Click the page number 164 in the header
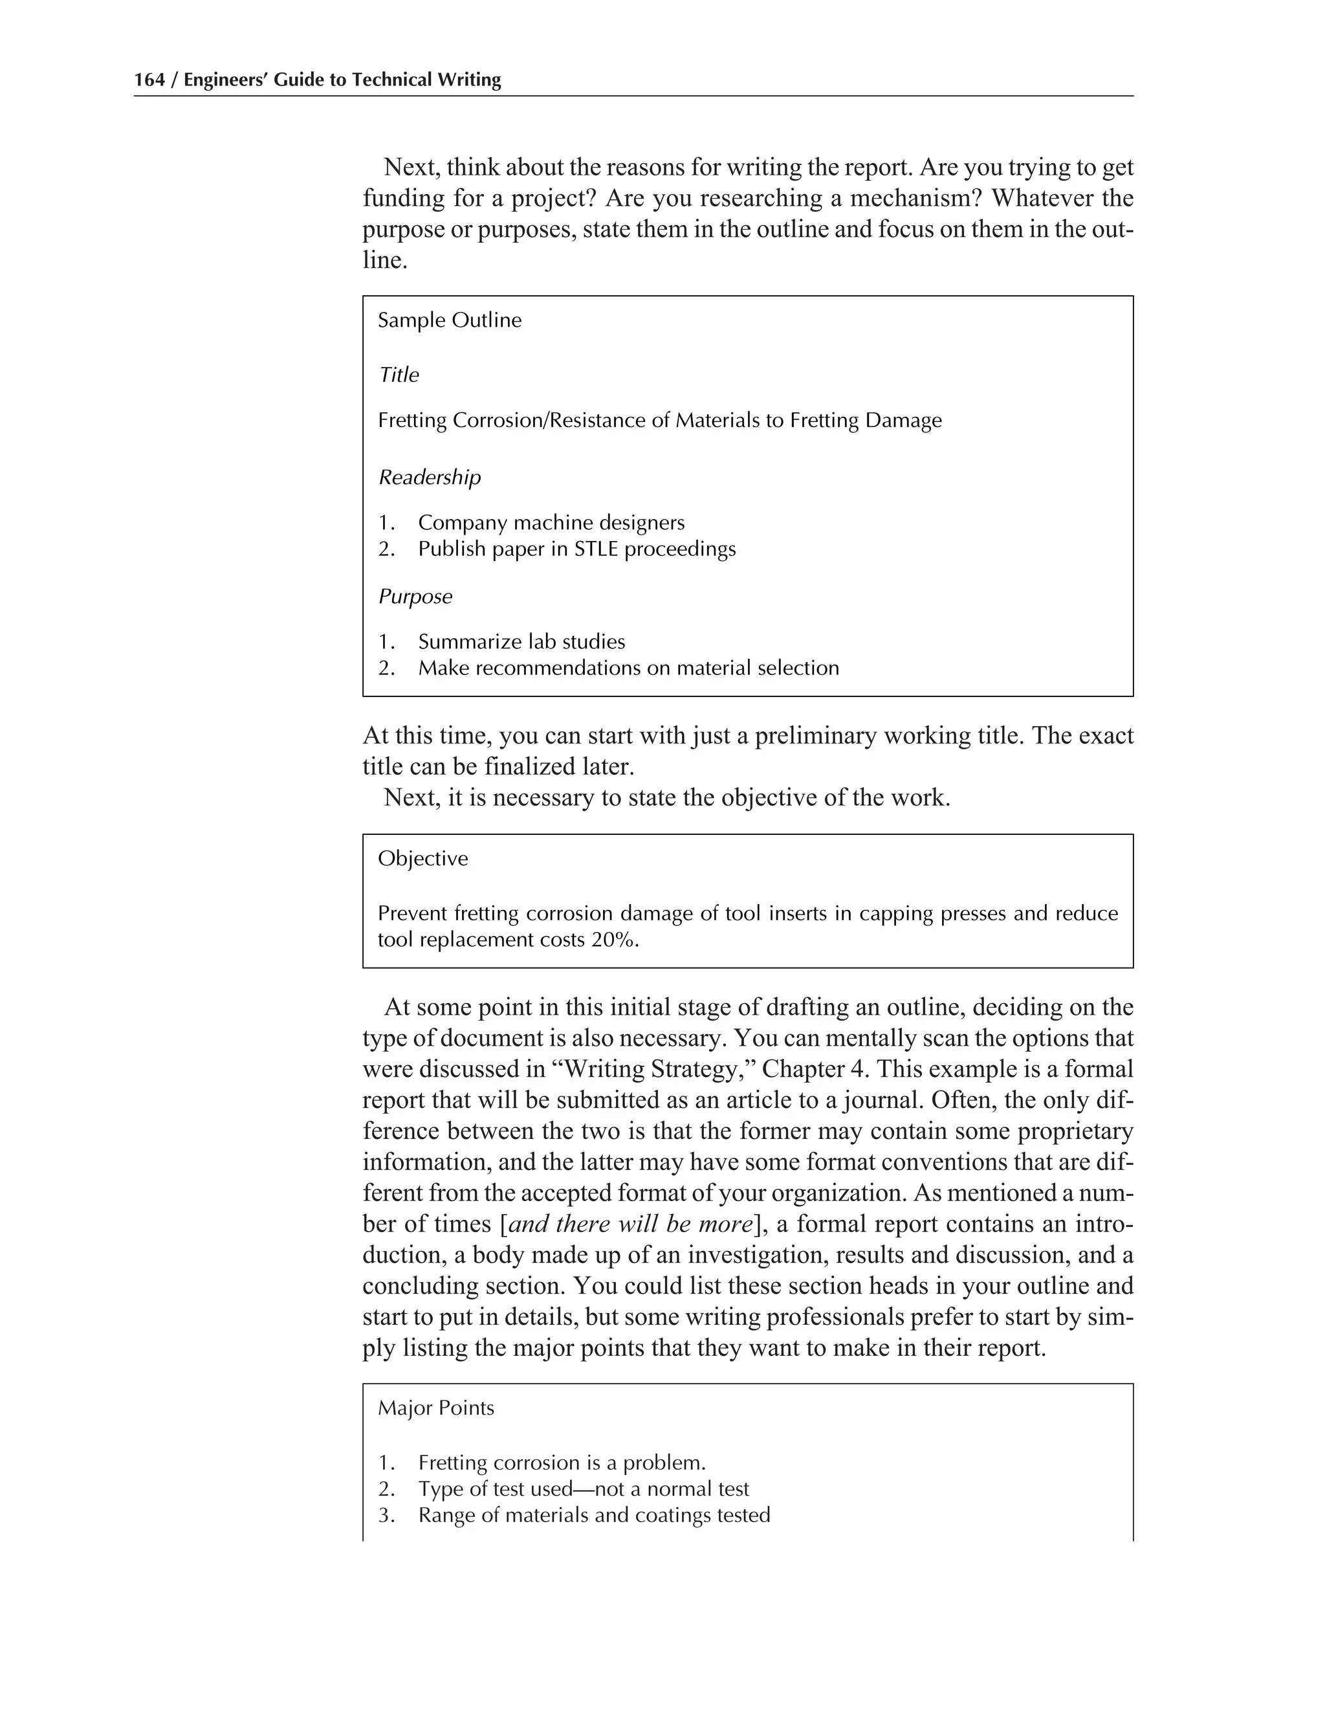149,80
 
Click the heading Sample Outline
449,320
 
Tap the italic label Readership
430,478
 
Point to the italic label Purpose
415,597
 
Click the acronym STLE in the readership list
596,549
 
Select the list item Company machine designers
551,523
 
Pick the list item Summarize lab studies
521,643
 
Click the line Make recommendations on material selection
628,669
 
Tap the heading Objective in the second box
422,858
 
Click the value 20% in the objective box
614,940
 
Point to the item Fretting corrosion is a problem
562,1463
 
